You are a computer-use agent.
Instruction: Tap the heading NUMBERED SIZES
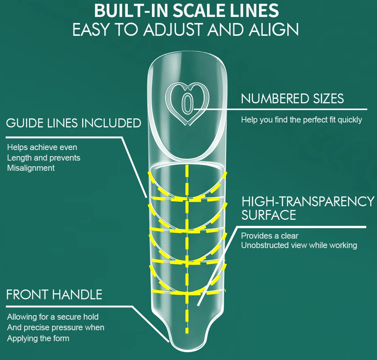coord(292,99)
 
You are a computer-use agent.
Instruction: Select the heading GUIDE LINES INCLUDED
coord(74,123)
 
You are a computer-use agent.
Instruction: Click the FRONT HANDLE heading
coord(54,294)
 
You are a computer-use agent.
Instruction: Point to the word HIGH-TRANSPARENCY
coord(308,201)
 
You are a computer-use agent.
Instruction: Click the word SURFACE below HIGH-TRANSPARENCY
coord(268,215)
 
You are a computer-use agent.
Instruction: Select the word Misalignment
coord(31,168)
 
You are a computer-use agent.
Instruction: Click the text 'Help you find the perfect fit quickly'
coord(301,120)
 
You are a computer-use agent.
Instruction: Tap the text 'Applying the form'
coord(38,338)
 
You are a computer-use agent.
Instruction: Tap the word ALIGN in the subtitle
coord(274,30)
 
